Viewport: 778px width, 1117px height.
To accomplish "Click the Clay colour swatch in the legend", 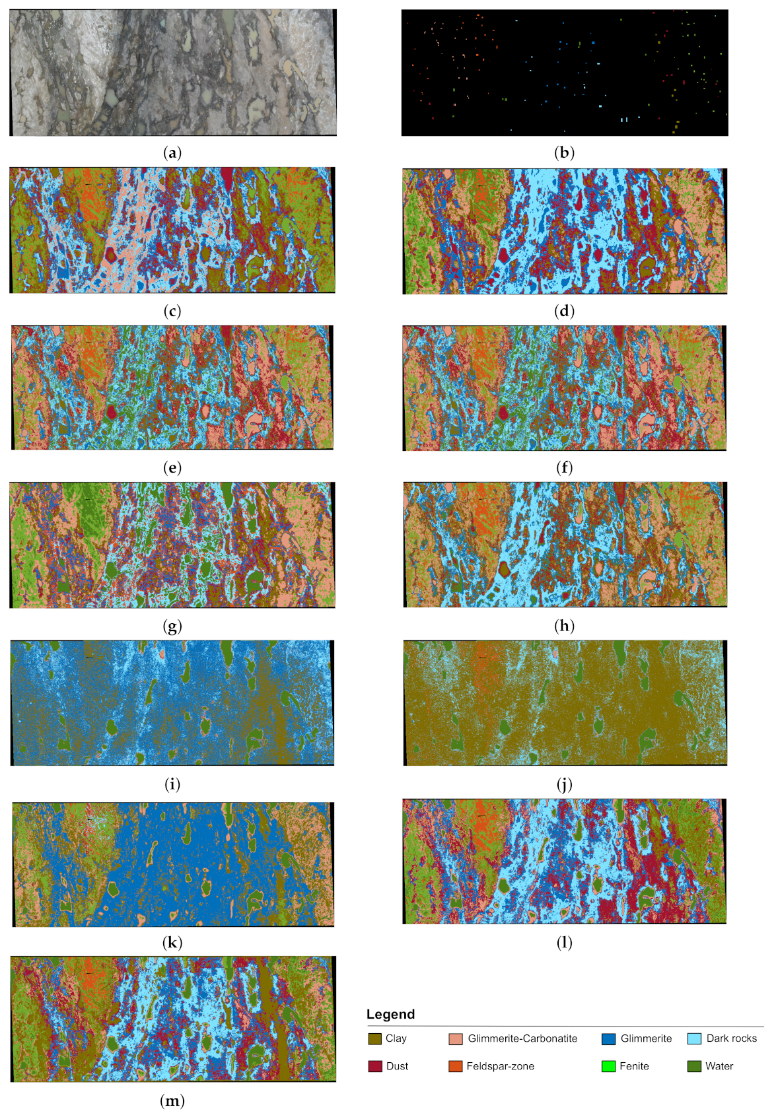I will coord(375,1038).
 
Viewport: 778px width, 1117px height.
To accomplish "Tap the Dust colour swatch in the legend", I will coord(375,1066).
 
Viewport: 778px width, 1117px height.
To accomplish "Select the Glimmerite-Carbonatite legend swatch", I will coord(456,1038).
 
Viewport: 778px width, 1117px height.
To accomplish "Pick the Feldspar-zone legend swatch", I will coord(456,1066).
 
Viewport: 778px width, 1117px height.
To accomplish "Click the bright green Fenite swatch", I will coord(609,1066).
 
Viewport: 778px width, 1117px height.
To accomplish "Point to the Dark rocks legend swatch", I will coord(694,1038).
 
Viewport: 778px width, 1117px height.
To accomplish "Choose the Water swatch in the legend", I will coord(694,1066).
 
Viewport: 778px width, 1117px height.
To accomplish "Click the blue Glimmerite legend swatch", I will coord(609,1038).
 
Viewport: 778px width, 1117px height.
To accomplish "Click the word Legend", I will coord(390,1015).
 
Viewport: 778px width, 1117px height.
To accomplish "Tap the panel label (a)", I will coord(172,153).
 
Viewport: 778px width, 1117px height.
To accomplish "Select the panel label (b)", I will coord(564,153).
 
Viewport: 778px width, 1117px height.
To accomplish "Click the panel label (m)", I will coord(172,1100).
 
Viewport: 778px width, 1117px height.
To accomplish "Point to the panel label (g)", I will coord(172,626).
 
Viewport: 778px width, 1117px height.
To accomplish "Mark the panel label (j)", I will coord(564,784).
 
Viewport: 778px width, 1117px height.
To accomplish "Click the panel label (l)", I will coord(564,943).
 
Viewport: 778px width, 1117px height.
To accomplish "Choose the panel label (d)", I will coord(564,311).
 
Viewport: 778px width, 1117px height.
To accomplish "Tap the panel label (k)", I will coord(172,943).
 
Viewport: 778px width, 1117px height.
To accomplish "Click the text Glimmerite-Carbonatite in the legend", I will coord(522,1038).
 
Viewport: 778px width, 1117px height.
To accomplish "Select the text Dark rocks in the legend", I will coord(732,1038).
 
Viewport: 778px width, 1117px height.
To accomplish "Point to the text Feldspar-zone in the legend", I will coord(500,1066).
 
